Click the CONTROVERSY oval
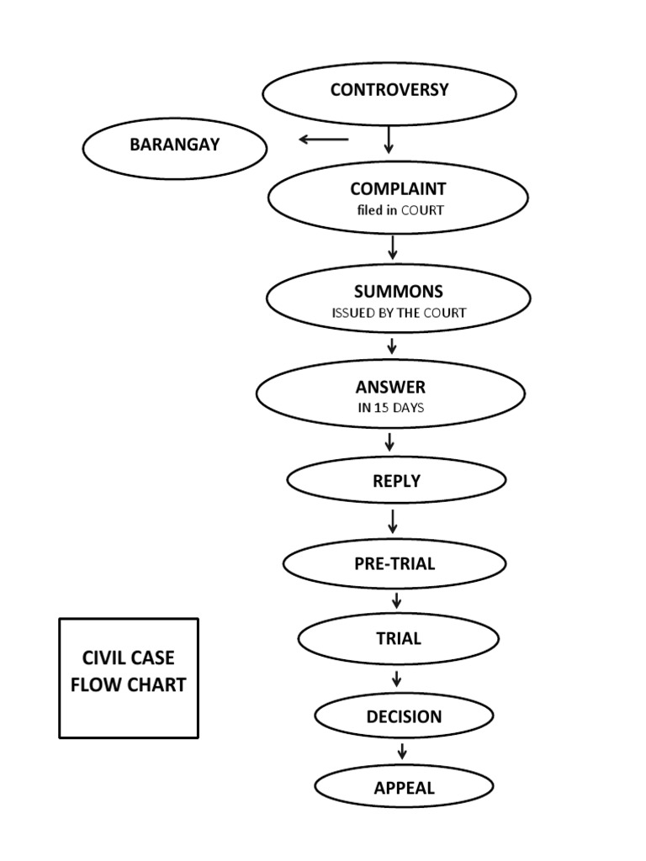[x=389, y=92]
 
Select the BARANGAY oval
[x=174, y=147]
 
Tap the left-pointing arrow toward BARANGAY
[x=324, y=140]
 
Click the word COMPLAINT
[x=398, y=189]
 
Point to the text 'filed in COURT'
[x=398, y=210]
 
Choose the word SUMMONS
[x=398, y=292]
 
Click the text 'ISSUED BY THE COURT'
[x=398, y=313]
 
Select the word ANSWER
[x=390, y=388]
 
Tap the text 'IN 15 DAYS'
[x=390, y=408]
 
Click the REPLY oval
[x=396, y=481]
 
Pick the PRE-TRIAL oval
[x=394, y=564]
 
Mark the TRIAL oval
[x=398, y=639]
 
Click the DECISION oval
[x=404, y=717]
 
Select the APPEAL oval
[x=404, y=788]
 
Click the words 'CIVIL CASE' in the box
[x=128, y=658]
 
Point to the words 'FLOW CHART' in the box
[x=128, y=684]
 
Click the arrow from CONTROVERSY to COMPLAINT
[x=389, y=139]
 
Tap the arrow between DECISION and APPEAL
[x=403, y=751]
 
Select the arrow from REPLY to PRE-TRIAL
[x=393, y=520]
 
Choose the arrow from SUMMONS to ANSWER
[x=391, y=346]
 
